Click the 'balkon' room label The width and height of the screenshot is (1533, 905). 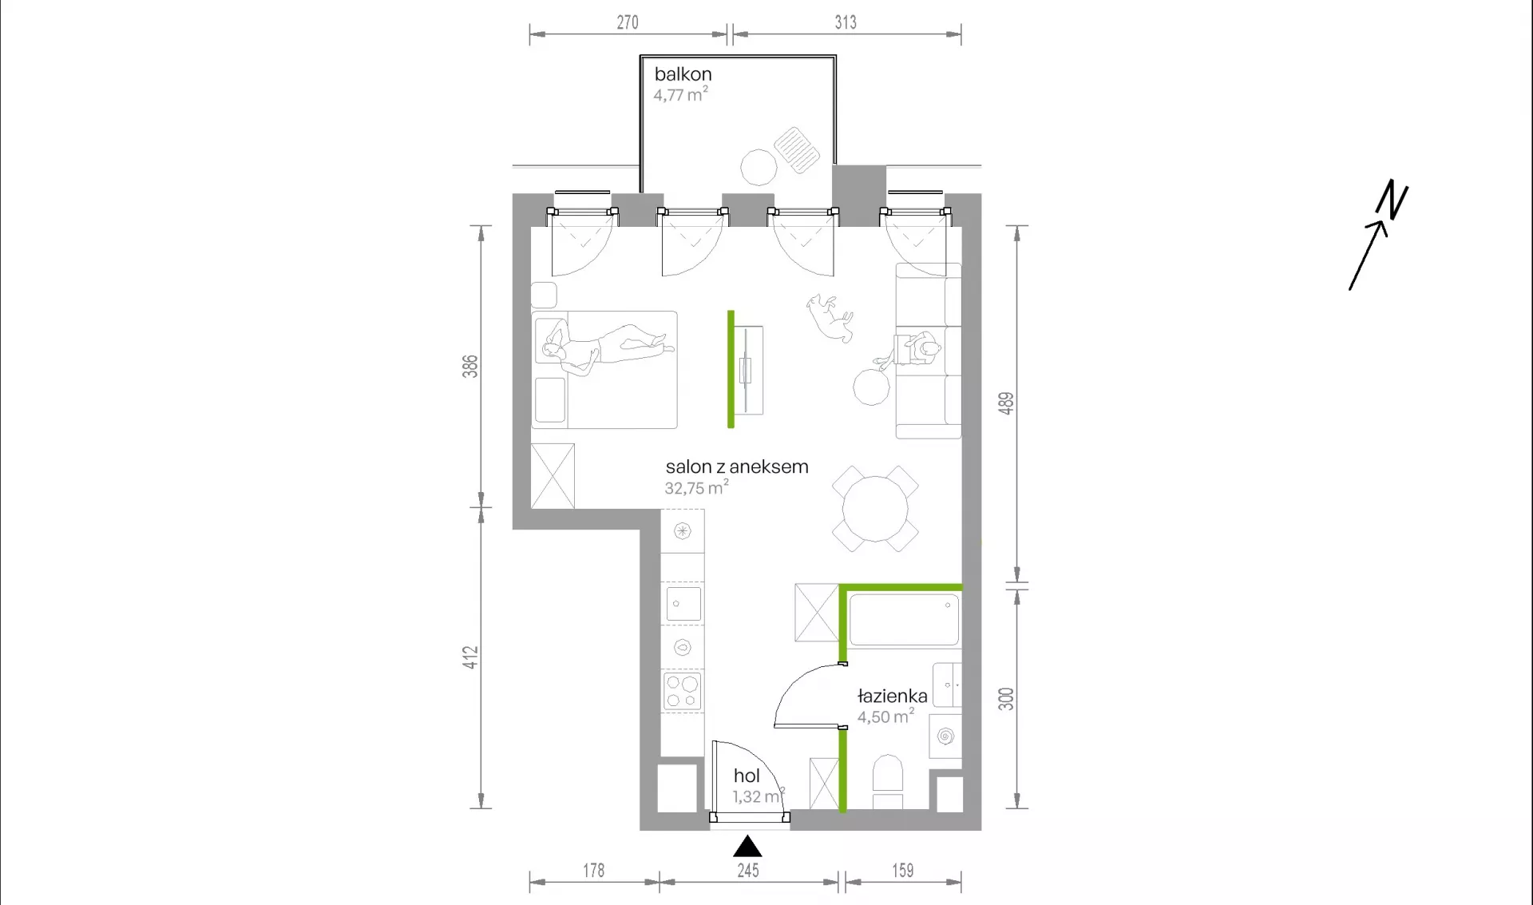pos(683,74)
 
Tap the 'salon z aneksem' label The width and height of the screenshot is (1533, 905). pos(737,467)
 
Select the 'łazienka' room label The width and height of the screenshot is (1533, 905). pos(892,696)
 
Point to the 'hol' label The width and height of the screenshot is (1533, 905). pos(747,776)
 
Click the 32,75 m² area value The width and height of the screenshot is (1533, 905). pos(696,488)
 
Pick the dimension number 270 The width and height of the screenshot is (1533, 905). pos(628,22)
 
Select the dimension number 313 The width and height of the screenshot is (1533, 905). pos(846,22)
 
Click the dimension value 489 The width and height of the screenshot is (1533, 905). pos(1006,403)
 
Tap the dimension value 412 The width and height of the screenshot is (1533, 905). pos(470,657)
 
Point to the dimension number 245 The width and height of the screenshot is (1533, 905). pos(748,870)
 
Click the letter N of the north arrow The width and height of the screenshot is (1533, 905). pos(1392,199)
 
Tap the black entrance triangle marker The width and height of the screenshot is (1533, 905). pos(747,846)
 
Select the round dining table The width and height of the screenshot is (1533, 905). pos(875,509)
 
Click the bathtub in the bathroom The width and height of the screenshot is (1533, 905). pos(904,620)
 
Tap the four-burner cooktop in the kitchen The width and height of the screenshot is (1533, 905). pos(683,692)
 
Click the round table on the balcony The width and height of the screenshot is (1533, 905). pos(759,168)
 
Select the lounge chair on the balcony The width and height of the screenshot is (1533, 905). pos(796,150)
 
